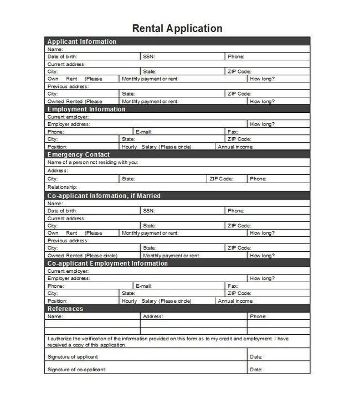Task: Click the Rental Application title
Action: tap(177, 28)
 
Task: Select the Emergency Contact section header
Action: tap(79, 154)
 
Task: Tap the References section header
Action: tap(65, 309)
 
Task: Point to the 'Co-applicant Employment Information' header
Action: tap(107, 263)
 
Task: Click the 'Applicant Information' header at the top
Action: tap(82, 41)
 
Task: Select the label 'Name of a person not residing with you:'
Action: tap(93, 163)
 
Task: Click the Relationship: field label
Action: tap(62, 188)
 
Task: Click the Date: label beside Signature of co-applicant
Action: tap(256, 369)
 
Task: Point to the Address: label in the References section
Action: tap(153, 316)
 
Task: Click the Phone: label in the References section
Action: tap(258, 316)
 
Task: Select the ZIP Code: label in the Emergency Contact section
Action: tap(221, 179)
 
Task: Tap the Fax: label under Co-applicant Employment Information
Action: tap(233, 286)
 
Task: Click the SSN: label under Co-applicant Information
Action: tap(148, 211)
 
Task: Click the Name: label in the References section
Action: tap(55, 316)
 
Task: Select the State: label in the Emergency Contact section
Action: tap(128, 179)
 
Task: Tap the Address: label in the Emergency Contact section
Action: tap(58, 171)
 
